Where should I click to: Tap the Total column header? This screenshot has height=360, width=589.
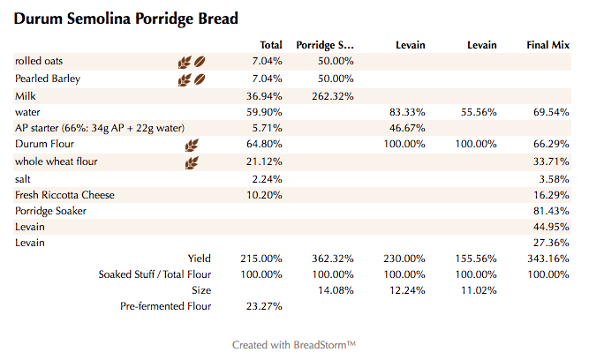point(271,45)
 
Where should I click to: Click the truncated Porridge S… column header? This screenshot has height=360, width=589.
point(325,45)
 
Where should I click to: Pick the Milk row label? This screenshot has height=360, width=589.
point(26,95)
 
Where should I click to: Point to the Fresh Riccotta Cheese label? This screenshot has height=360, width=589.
point(64,195)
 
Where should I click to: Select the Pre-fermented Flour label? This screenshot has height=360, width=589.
point(165,306)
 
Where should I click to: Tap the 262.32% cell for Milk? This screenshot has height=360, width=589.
point(333,95)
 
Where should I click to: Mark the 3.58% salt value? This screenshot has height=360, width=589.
point(551,178)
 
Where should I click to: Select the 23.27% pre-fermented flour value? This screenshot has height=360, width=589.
point(264,306)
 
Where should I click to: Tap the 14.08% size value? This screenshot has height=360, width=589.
point(336,290)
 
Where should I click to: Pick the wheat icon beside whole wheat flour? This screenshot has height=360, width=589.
point(192,162)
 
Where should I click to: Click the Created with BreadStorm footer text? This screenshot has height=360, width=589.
point(294,344)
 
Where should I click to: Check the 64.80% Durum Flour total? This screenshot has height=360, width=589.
point(264,145)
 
